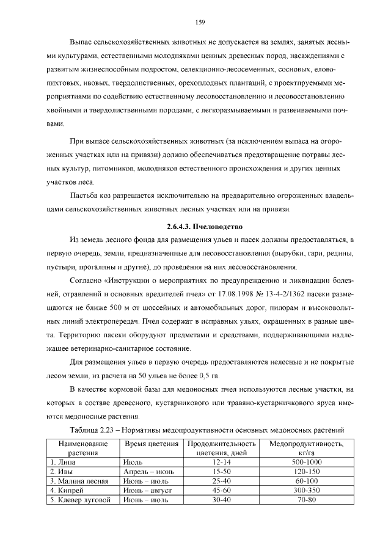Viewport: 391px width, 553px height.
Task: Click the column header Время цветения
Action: click(x=151, y=444)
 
